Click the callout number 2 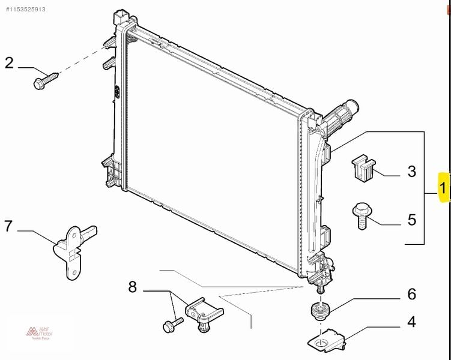point(10,62)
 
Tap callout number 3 point(411,172)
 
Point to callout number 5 point(411,220)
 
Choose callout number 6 point(411,294)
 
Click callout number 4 point(411,322)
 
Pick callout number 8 point(133,287)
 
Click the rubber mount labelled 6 point(320,311)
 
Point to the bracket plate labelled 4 point(327,340)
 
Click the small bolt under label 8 point(171,326)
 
